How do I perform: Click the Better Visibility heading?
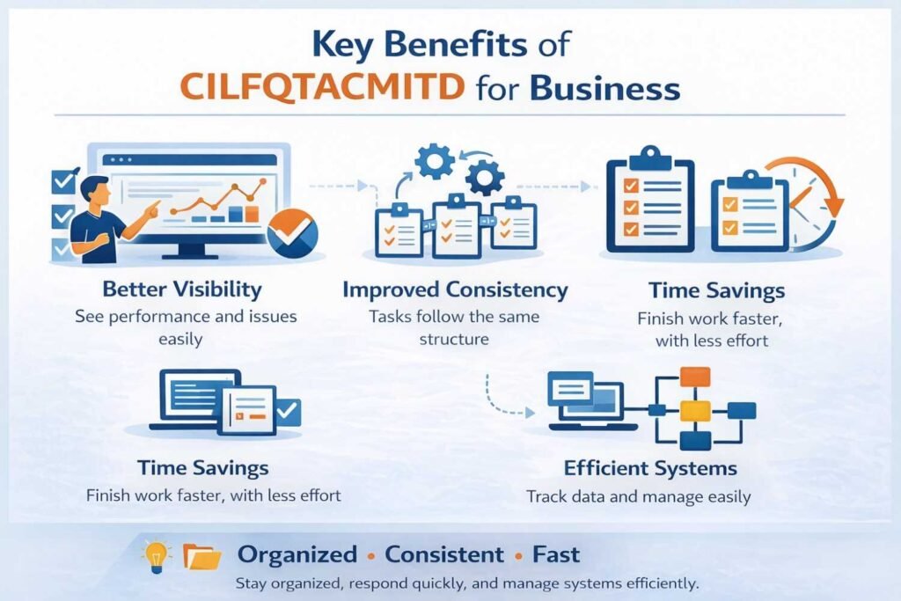pyautogui.click(x=181, y=289)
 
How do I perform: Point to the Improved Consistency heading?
pyautogui.click(x=455, y=290)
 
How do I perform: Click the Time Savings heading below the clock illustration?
pyautogui.click(x=716, y=290)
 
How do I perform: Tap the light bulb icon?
pyautogui.click(x=155, y=554)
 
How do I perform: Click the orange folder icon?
pyautogui.click(x=201, y=556)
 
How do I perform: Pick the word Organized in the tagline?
pyautogui.click(x=297, y=555)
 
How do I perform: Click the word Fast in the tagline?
pyautogui.click(x=555, y=555)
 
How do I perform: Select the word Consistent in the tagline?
pyautogui.click(x=444, y=555)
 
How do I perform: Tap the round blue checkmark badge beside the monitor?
pyautogui.click(x=291, y=233)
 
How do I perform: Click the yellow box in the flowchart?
pyautogui.click(x=695, y=410)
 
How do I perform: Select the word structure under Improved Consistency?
pyautogui.click(x=455, y=339)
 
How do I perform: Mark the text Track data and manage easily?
pyautogui.click(x=638, y=497)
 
